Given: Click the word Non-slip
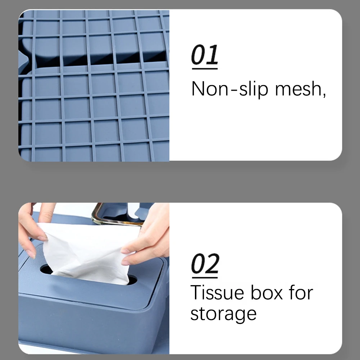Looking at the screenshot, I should [229, 89].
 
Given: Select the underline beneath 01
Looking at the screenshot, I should [205, 68].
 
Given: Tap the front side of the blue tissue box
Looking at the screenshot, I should [86, 324].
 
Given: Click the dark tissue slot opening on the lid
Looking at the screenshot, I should [46, 269].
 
